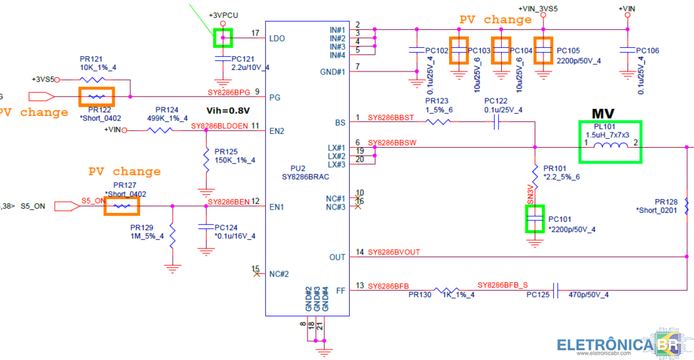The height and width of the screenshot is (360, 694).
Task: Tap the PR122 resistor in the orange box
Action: coord(96,96)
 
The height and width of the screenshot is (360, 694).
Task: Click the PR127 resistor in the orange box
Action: coord(121,206)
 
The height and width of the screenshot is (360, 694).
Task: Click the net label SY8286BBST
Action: coord(390,119)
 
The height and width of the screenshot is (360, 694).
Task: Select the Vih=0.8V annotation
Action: coord(228,110)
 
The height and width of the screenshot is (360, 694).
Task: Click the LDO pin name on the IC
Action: coord(277,38)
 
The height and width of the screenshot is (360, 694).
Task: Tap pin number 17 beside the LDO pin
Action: coord(255,33)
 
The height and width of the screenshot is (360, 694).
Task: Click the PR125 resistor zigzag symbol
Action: coord(206,160)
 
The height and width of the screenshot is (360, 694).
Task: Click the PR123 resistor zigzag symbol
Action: coord(438,123)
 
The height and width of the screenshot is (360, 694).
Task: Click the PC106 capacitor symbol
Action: coord(627,51)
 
